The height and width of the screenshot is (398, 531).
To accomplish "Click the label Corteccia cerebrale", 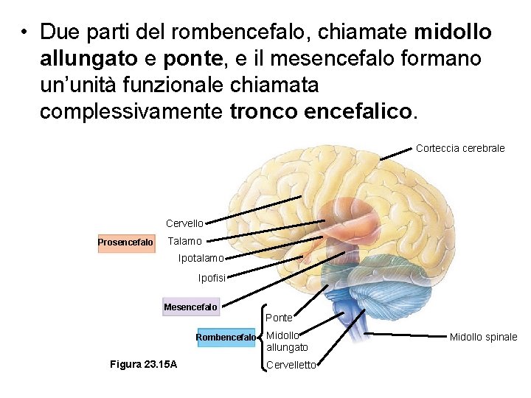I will pos(460,148).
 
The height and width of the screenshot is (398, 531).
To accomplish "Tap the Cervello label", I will pos(184,223).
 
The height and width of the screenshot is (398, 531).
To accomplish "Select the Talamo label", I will pos(184,242).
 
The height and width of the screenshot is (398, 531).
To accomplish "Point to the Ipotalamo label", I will pos(201,259).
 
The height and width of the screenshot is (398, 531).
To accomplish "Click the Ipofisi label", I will pos(212,278).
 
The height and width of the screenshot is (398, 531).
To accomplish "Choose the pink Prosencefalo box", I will pos(126,242).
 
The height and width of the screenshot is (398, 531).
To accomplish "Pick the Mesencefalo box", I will pos(190,307).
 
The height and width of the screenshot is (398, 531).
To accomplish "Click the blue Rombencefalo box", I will pos(226,338).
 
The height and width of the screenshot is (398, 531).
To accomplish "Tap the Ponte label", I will pos(280,318).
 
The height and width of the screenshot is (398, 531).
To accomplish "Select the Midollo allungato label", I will pos(286,341).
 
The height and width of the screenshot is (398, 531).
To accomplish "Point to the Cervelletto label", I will pos(291,365).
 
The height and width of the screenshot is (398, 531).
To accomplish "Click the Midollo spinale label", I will pos(483,337).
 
